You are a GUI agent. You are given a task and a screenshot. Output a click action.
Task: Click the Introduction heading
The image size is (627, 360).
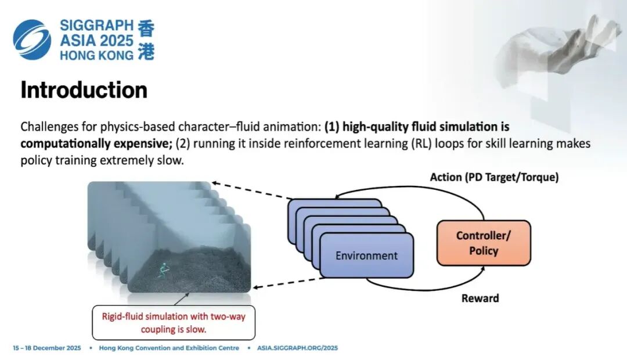pyautogui.click(x=84, y=91)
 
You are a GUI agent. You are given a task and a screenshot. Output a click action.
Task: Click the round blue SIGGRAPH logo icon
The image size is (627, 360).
pyautogui.click(x=33, y=39)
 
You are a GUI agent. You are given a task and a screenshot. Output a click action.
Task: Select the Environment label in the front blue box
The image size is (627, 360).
pyautogui.click(x=366, y=255)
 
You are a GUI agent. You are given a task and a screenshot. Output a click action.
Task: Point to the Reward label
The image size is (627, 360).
pyautogui.click(x=480, y=298)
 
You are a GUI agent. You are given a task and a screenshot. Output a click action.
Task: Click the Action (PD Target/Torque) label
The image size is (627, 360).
pyautogui.click(x=494, y=178)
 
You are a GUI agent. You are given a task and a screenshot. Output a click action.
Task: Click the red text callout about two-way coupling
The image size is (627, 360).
pyautogui.click(x=173, y=322)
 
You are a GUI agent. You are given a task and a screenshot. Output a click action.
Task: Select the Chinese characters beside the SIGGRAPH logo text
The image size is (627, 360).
pyautogui.click(x=146, y=39)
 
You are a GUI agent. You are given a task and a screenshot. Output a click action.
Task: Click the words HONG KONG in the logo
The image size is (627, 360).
pyautogui.click(x=96, y=56)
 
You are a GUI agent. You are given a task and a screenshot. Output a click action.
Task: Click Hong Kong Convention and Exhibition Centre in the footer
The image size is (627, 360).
pyautogui.click(x=169, y=348)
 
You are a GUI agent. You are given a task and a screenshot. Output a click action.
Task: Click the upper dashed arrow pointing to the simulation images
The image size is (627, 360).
pyautogui.click(x=250, y=191)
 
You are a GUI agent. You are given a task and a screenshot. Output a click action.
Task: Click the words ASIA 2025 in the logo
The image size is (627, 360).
pyautogui.click(x=96, y=40)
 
